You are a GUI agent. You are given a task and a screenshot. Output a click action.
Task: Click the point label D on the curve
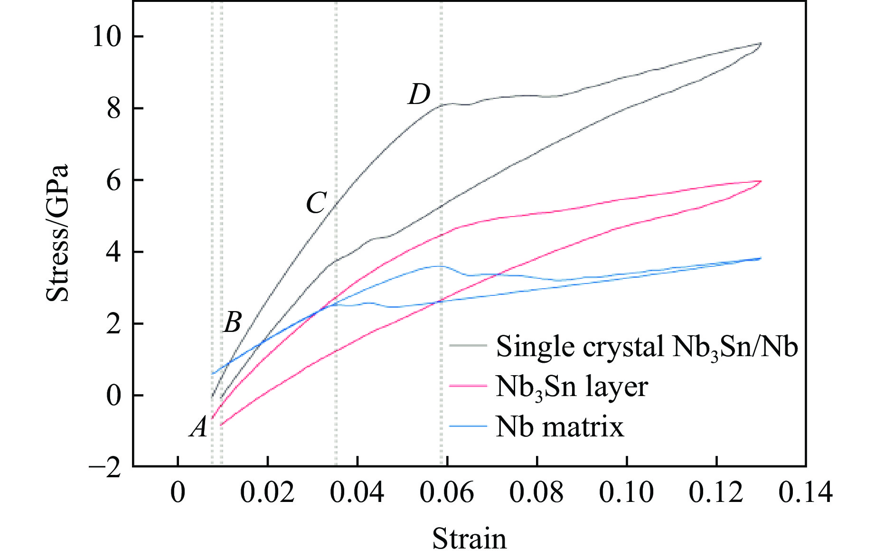419,95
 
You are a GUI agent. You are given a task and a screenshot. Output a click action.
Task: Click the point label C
316,203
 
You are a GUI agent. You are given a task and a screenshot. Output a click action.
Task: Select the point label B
232,322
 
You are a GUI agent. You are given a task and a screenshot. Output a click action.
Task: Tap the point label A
199,427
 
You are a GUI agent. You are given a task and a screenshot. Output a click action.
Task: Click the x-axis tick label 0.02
267,492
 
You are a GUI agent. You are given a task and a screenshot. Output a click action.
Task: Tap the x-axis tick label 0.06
447,492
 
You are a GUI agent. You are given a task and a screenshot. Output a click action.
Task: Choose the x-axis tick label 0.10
626,492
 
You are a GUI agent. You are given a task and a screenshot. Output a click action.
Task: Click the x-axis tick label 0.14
805,492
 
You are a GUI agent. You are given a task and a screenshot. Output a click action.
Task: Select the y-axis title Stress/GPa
58,233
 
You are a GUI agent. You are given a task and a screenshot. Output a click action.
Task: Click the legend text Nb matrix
560,427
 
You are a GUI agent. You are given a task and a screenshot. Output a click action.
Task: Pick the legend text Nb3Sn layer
572,388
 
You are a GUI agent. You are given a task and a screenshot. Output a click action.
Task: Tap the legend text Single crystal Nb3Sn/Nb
647,347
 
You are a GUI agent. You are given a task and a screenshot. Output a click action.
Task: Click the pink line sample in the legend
468,386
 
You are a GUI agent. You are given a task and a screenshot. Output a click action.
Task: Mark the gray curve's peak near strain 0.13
761,44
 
